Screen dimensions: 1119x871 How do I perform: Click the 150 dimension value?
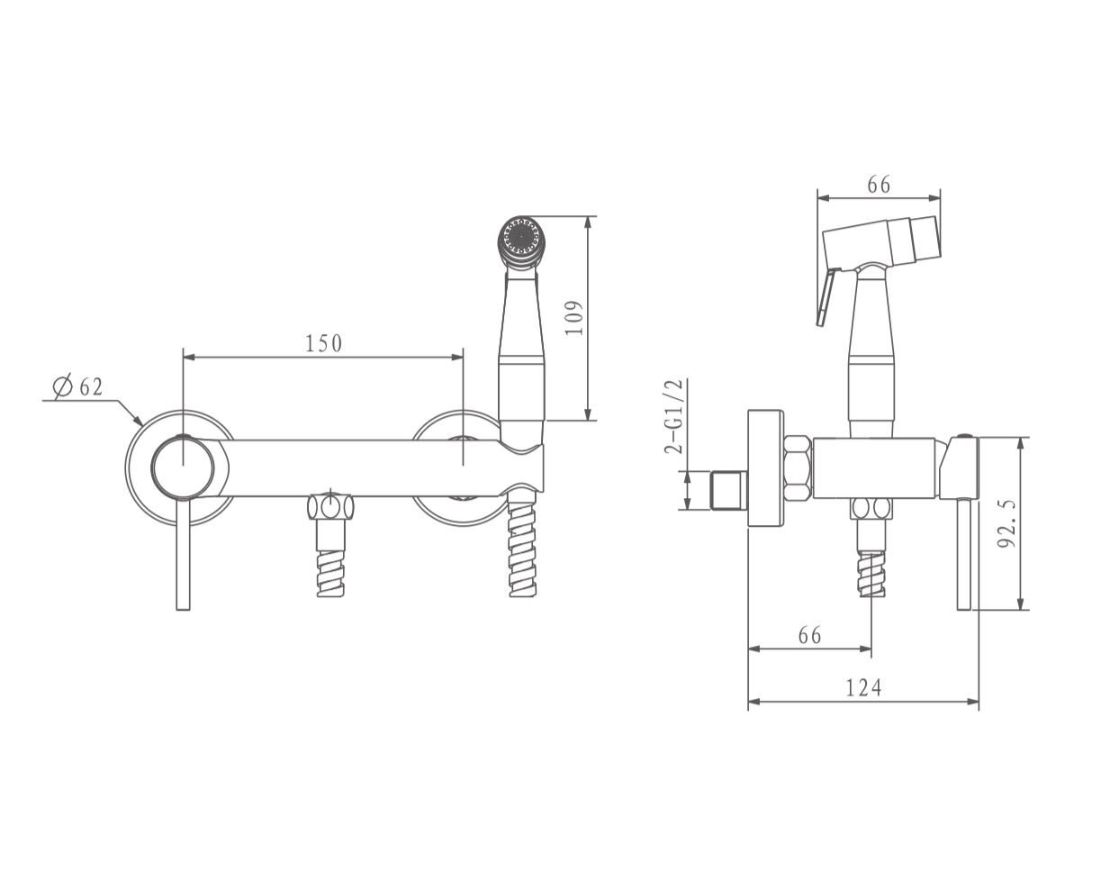323,343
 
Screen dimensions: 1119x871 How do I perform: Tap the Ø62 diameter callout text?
78,386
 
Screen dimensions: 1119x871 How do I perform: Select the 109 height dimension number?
573,318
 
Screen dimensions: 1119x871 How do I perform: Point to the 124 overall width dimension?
863,687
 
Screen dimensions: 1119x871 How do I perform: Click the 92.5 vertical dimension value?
1006,523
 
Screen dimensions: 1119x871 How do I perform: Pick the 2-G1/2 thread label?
673,416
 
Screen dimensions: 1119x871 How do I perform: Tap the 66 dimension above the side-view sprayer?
879,185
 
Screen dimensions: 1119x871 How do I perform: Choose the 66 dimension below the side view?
809,636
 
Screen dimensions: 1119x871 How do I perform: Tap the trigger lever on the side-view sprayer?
827,298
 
